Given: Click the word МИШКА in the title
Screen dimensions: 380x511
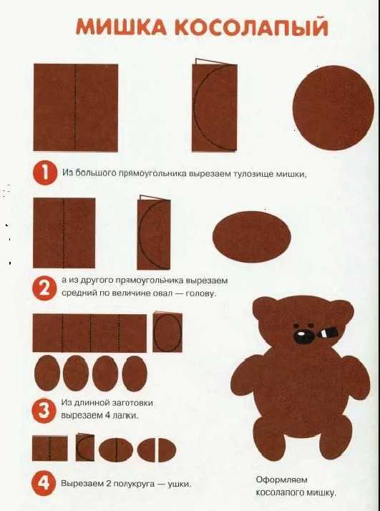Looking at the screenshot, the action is (x=122, y=26).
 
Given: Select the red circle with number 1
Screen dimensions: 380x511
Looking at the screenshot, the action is (x=44, y=173).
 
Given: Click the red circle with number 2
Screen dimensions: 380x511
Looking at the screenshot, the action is (x=44, y=288).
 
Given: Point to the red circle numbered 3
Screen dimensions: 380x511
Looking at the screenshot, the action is (x=44, y=411).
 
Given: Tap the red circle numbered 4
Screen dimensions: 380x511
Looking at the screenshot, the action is (x=44, y=484).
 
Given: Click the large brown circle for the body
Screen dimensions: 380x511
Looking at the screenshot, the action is (x=333, y=108).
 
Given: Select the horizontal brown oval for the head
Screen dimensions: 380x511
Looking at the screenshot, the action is (x=251, y=237).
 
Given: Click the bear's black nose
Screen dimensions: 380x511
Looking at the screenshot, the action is (x=303, y=336).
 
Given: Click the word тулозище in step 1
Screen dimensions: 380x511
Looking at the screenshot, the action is (x=253, y=174).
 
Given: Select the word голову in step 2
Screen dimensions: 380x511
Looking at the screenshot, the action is (x=200, y=293).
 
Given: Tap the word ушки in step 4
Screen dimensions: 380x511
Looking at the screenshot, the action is (x=179, y=484).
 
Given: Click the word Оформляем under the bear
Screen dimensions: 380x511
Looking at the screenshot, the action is (x=281, y=480).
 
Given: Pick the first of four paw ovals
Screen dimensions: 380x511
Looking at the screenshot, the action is (x=47, y=373).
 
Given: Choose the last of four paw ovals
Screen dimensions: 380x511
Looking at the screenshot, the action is (x=135, y=373).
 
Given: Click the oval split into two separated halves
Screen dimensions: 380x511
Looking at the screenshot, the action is (x=157, y=449).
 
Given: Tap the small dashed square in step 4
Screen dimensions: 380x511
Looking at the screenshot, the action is (x=50, y=448).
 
